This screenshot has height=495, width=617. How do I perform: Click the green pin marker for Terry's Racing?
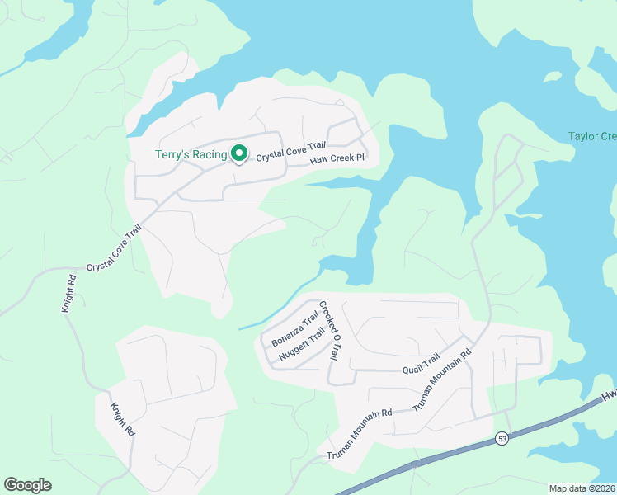(239, 153)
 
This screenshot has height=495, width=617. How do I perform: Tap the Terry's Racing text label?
(191, 154)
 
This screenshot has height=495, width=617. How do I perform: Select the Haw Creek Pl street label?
(337, 159)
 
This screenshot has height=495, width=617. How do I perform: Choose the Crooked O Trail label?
(329, 329)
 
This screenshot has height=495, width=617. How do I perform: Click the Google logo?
(27, 484)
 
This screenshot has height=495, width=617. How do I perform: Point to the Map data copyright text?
(582, 488)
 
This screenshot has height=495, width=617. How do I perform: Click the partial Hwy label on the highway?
(609, 395)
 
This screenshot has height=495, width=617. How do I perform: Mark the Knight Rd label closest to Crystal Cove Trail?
(68, 293)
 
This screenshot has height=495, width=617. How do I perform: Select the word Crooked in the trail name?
(325, 317)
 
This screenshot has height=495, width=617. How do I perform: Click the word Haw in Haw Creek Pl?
(318, 162)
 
